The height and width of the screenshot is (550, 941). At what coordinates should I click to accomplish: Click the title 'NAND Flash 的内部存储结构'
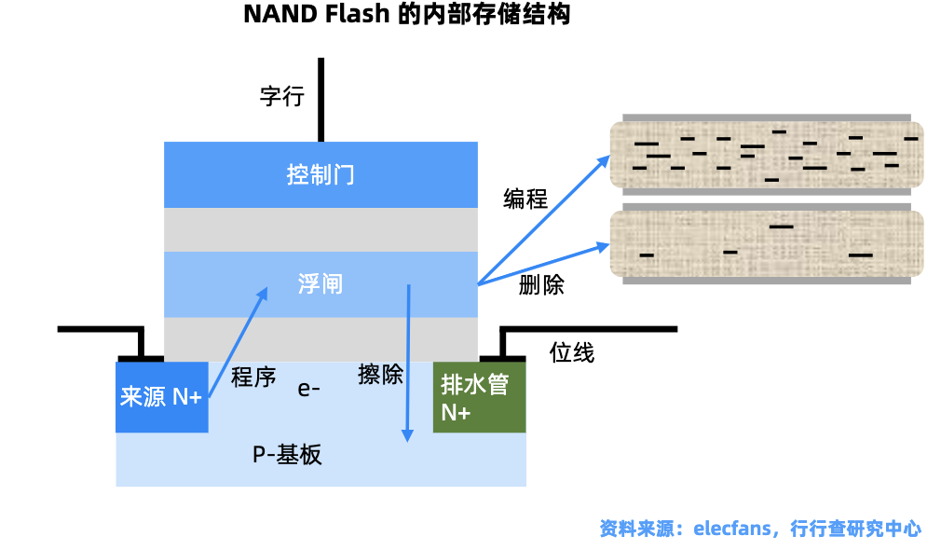(x=407, y=14)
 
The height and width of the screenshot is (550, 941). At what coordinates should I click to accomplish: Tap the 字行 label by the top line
(x=282, y=96)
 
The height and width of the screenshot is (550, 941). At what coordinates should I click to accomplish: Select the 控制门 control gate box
(x=321, y=174)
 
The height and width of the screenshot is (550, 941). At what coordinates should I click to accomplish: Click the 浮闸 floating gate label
(x=320, y=284)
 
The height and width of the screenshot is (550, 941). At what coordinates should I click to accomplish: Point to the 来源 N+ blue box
(x=162, y=397)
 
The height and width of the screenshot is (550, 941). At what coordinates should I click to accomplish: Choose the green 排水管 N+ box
(x=480, y=397)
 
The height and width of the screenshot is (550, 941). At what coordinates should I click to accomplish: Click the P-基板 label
(x=287, y=455)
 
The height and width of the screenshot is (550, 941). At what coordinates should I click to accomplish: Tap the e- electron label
(x=308, y=389)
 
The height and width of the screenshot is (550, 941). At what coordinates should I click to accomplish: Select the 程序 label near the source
(x=253, y=377)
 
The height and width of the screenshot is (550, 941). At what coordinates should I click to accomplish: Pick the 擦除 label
(x=380, y=374)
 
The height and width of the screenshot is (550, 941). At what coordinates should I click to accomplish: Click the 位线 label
(x=572, y=352)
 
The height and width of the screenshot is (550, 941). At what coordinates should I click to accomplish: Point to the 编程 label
(x=525, y=199)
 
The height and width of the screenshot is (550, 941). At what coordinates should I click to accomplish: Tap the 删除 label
(x=541, y=284)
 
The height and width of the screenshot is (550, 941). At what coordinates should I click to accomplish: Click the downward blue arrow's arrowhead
(x=407, y=435)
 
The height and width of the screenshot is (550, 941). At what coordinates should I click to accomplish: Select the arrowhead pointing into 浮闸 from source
(x=262, y=293)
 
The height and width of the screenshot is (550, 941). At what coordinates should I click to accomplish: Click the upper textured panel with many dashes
(x=767, y=155)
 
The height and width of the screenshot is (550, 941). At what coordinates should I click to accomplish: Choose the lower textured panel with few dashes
(x=767, y=244)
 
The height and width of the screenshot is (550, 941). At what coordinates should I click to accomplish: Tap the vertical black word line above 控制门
(x=321, y=100)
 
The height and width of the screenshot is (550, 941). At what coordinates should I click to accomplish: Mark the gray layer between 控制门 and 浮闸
(x=321, y=230)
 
